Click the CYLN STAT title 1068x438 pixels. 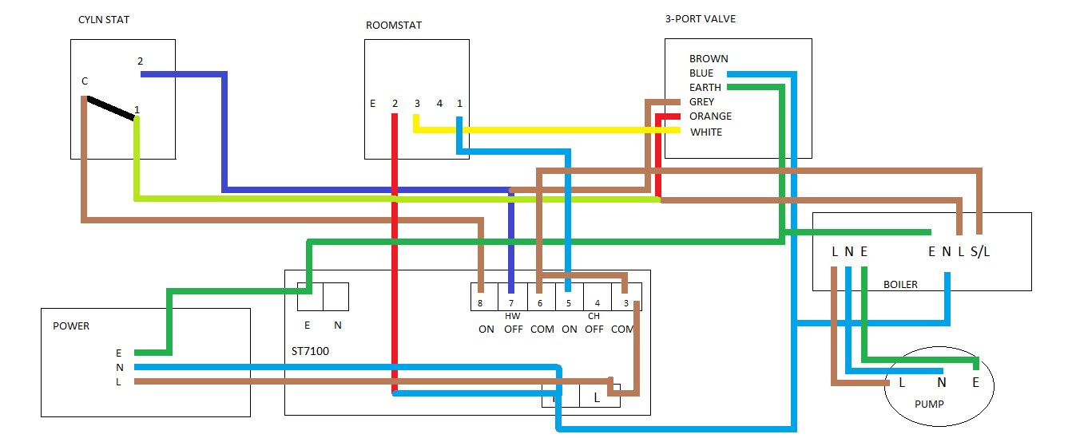[x=104, y=20]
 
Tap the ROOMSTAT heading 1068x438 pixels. [x=394, y=26]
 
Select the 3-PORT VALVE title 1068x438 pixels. [x=701, y=19]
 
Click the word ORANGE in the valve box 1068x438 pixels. [x=710, y=116]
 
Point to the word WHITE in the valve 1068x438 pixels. [x=706, y=132]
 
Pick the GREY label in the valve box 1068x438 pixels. [x=702, y=102]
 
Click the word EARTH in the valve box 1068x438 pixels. [x=705, y=88]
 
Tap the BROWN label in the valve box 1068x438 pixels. [x=709, y=59]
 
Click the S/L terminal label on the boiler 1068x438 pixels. [x=980, y=252]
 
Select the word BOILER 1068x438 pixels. [x=900, y=285]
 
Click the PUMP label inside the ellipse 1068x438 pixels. [x=929, y=404]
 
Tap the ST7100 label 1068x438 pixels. [x=311, y=351]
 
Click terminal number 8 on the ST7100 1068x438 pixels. [x=480, y=303]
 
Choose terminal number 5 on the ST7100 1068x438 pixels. [x=568, y=303]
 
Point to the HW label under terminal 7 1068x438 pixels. [x=513, y=316]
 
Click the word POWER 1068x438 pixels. [x=71, y=326]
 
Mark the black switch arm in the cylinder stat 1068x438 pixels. [x=111, y=109]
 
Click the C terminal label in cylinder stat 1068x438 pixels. [x=85, y=81]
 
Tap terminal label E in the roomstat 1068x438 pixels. [x=373, y=104]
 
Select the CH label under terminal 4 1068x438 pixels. [x=594, y=316]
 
